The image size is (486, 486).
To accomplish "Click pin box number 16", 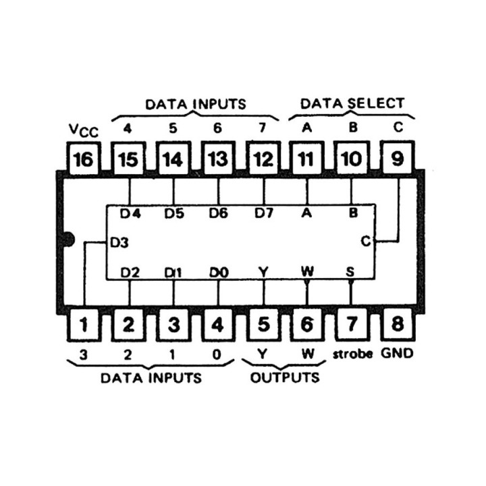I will click(x=84, y=160).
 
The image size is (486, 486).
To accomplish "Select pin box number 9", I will click(x=398, y=160).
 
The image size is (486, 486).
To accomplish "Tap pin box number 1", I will click(x=84, y=325).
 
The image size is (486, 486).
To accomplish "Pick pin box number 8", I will click(x=398, y=325).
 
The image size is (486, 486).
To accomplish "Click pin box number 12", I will click(x=263, y=160).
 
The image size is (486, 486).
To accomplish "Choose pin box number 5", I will click(x=263, y=325).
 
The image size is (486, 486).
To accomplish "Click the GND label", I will click(x=398, y=353).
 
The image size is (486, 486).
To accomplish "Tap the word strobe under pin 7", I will click(x=352, y=354).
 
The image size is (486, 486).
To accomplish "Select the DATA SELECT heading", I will click(x=352, y=103).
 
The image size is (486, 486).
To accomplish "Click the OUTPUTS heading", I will click(x=285, y=377).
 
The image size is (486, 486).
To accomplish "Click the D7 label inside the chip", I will click(x=264, y=213).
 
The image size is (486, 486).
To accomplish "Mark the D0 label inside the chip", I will click(x=218, y=272).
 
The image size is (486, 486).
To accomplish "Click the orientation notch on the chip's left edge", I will click(x=67, y=238).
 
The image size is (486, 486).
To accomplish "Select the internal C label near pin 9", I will click(x=365, y=241).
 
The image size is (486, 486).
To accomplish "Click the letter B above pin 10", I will click(x=352, y=126).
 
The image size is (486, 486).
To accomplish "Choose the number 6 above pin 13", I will click(x=218, y=126).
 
